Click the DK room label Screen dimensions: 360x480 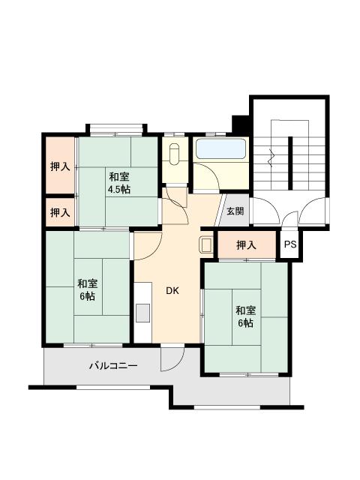(x=172, y=291)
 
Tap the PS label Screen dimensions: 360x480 (x=290, y=244)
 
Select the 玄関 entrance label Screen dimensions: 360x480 (x=235, y=211)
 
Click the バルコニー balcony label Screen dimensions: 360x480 (x=113, y=365)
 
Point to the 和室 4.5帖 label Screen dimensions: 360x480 (x=118, y=183)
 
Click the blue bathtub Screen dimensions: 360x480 (x=220, y=149)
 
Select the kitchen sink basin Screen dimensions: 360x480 (x=142, y=313)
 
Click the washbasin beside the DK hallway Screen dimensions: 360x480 (x=205, y=245)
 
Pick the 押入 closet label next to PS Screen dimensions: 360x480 (x=246, y=245)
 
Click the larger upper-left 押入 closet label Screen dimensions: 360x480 (x=60, y=166)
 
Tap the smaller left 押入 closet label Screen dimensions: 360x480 (x=60, y=212)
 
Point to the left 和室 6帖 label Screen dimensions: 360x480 (x=87, y=289)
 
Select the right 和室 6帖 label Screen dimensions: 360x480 (x=245, y=316)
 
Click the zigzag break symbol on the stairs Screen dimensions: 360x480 (x=271, y=157)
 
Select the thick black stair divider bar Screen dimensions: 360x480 (x=290, y=163)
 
